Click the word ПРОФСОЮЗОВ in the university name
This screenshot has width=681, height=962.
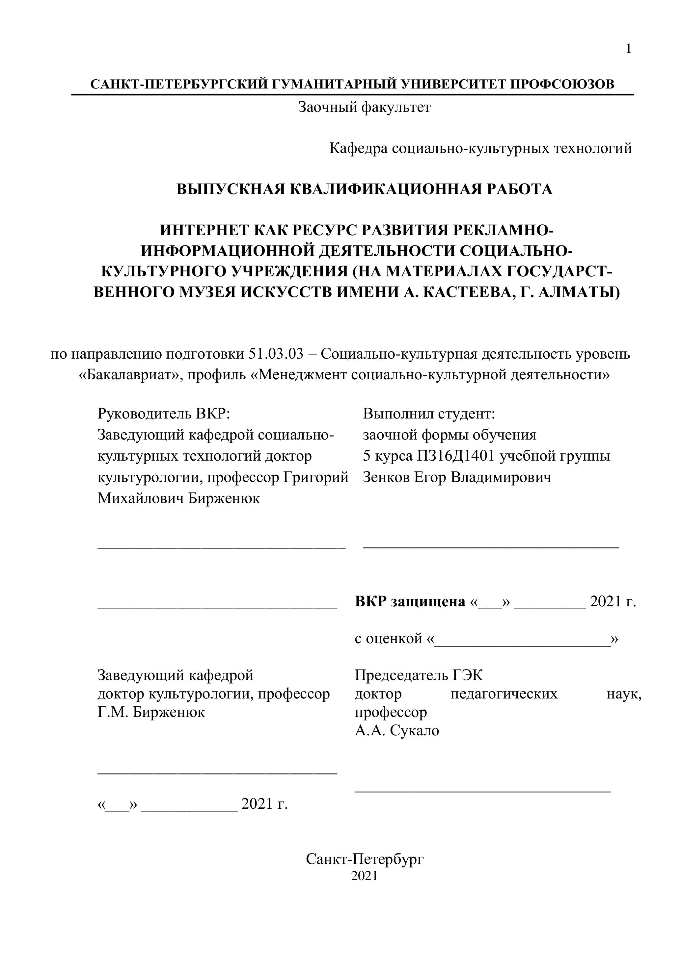point(562,84)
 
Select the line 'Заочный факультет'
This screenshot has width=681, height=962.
point(364,108)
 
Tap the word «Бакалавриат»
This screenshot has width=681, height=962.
point(129,375)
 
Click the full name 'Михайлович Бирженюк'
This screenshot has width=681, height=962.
point(178,498)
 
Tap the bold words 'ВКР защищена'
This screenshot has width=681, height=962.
point(410,602)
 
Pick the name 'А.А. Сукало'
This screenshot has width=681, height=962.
point(397,731)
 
